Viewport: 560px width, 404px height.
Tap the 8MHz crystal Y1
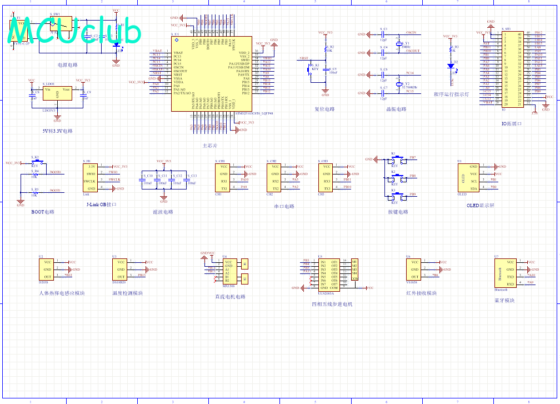[x=398, y=44]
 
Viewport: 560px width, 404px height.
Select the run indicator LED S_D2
[x=451, y=66]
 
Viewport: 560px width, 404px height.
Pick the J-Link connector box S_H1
[x=91, y=177]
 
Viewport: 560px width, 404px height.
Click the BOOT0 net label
[x=56, y=172]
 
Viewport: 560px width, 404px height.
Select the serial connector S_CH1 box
[x=224, y=177]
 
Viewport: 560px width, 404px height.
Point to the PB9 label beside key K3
[x=413, y=194]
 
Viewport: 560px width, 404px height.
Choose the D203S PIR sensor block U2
[x=48, y=270]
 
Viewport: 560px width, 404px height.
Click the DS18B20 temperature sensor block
[x=121, y=270]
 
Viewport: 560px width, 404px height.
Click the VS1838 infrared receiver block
[x=414, y=270]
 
